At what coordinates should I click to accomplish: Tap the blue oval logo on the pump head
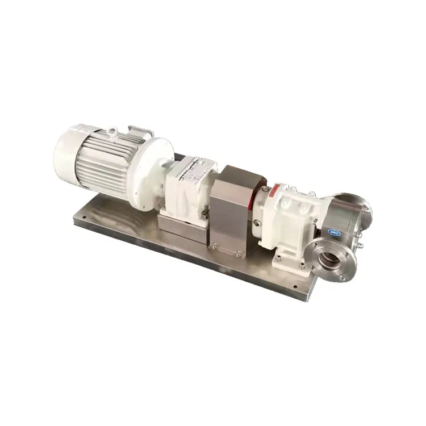(x=333, y=232)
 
